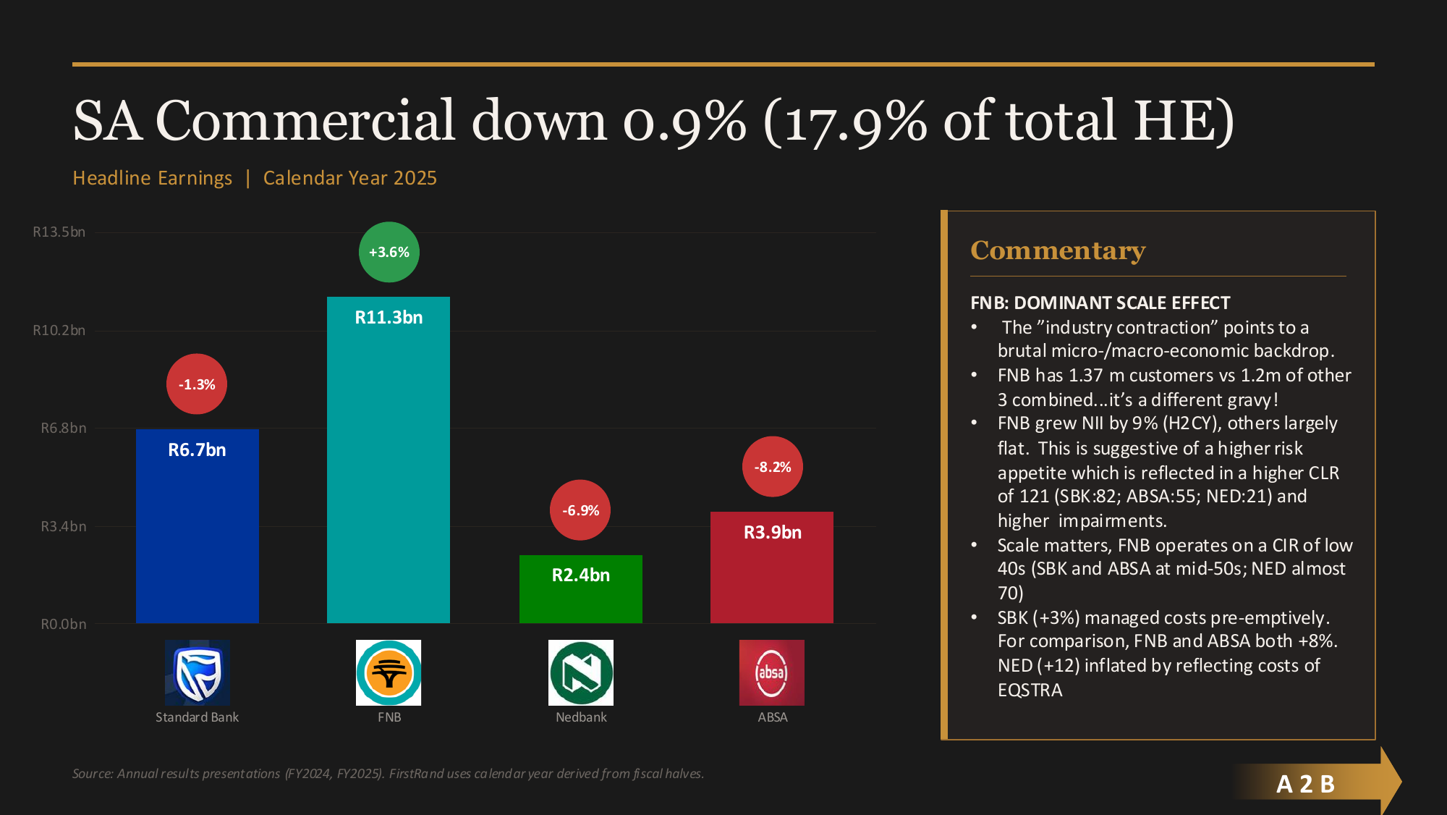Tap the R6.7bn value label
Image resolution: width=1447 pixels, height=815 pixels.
(197, 449)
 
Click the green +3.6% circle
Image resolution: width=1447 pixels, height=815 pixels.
(389, 252)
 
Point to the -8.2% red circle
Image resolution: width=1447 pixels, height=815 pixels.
(773, 467)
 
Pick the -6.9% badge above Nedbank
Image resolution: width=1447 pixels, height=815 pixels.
(580, 510)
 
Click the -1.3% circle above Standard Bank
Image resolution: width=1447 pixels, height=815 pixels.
(197, 384)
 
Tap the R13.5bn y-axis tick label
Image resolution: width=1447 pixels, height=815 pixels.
(59, 232)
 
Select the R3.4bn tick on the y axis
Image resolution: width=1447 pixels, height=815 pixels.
(63, 526)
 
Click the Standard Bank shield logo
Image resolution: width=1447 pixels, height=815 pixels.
(197, 672)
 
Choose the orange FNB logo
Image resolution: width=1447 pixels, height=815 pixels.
(389, 672)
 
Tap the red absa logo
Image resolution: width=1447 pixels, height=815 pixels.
(771, 672)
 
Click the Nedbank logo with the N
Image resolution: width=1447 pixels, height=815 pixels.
(580, 672)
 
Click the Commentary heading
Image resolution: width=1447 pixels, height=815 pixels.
(1057, 250)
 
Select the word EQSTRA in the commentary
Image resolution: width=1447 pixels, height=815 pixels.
(1030, 690)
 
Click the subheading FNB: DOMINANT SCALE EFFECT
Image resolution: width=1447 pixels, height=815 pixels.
(1100, 303)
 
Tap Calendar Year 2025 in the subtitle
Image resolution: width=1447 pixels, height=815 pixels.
(349, 178)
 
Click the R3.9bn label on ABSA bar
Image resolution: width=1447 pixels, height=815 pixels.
(772, 533)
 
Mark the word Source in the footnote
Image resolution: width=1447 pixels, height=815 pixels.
(93, 774)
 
